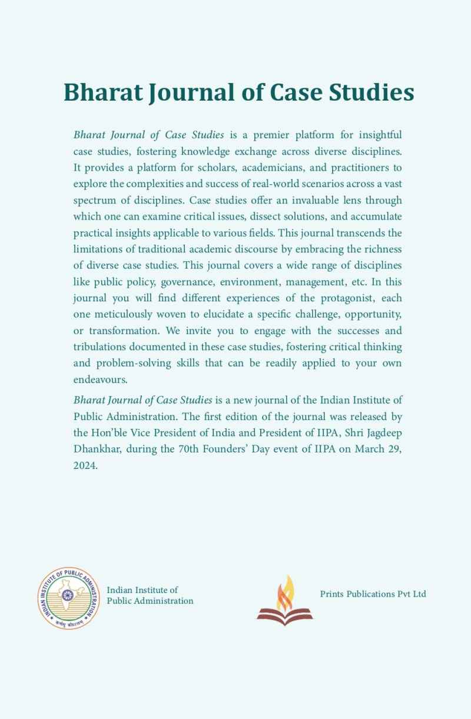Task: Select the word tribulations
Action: [x=97, y=347]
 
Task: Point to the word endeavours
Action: [x=100, y=378]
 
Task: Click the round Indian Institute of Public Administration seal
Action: [x=67, y=597]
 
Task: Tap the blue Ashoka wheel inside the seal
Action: [x=67, y=595]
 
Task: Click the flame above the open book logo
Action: [x=286, y=592]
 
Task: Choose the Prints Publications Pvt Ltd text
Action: [x=373, y=594]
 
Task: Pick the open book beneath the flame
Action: [x=285, y=615]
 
